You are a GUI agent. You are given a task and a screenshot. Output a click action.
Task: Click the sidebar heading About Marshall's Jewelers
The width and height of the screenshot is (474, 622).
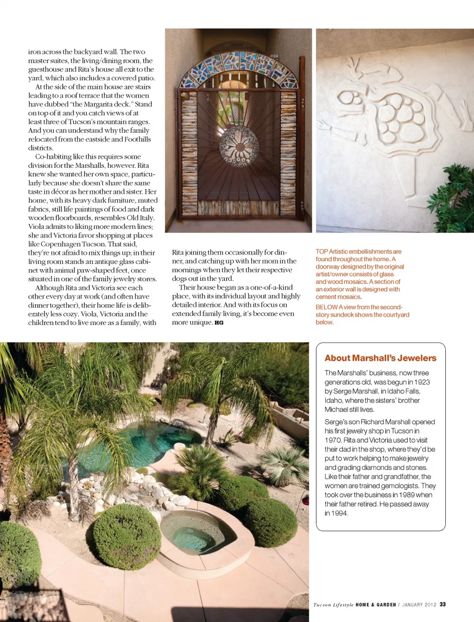[x=380, y=358]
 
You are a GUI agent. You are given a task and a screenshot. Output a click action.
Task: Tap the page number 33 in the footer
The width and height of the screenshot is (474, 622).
[x=443, y=604]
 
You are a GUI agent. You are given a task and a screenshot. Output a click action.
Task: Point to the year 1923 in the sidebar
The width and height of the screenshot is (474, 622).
[x=421, y=382]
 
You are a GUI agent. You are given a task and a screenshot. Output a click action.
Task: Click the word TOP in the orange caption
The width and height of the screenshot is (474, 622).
[x=322, y=252]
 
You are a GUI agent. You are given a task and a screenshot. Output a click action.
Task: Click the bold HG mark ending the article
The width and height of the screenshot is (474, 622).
[x=219, y=323]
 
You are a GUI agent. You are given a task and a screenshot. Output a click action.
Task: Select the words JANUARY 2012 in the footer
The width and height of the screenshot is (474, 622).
[x=419, y=605]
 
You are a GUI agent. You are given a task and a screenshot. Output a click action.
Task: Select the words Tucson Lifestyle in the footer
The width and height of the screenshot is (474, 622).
[x=333, y=605]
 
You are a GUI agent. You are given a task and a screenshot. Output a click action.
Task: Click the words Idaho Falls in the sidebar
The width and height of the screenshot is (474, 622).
[x=404, y=391]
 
